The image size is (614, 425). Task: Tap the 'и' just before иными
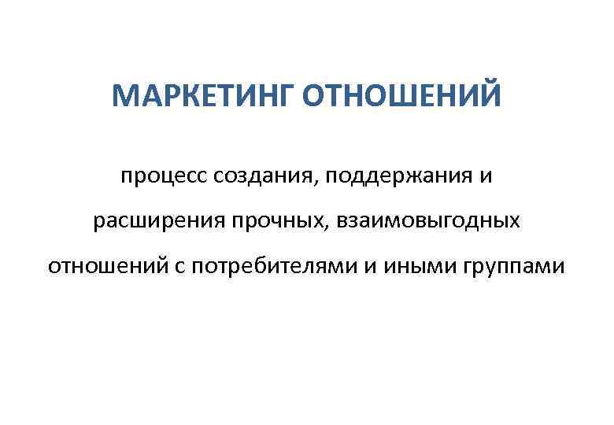coord(369,267)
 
